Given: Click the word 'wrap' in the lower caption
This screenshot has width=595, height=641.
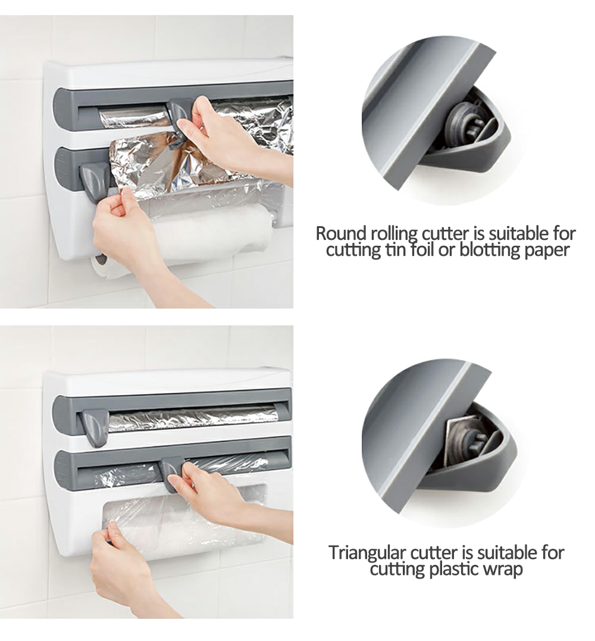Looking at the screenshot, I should (x=503, y=570).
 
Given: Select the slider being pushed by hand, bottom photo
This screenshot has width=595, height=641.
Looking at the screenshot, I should (x=174, y=474).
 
